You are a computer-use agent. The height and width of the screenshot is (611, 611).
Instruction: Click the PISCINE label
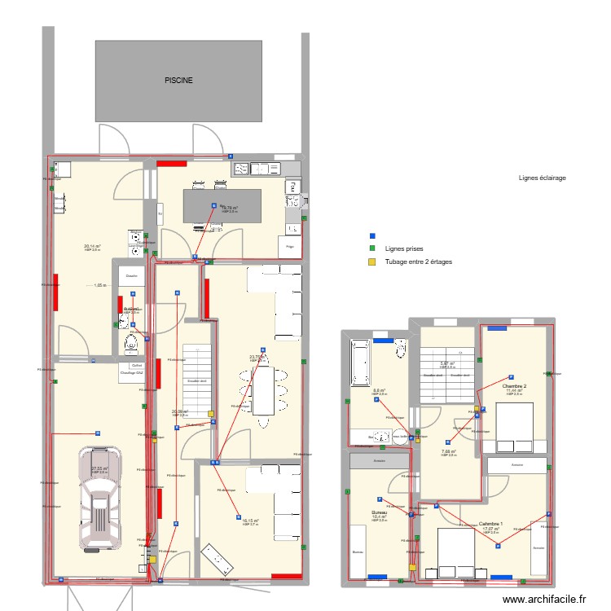[178, 80]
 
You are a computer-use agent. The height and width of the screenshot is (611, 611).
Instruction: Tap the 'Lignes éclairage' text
[542, 178]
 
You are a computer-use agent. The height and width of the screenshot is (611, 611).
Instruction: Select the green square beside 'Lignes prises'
[372, 248]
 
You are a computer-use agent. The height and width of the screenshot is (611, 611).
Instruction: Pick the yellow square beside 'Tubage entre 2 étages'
[372, 262]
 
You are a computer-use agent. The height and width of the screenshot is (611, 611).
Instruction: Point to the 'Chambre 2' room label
[514, 386]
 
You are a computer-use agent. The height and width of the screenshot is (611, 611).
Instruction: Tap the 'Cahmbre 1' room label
[490, 524]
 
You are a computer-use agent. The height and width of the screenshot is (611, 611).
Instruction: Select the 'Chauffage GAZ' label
[131, 373]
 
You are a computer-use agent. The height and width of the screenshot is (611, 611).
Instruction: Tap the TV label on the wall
[160, 215]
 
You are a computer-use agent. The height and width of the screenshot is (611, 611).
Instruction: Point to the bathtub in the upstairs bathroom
[361, 363]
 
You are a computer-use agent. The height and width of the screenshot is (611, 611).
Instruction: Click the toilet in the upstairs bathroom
[400, 349]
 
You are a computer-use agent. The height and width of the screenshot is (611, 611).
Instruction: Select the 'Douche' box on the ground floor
[131, 275]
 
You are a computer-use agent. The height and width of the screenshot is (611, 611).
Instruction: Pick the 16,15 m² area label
[250, 521]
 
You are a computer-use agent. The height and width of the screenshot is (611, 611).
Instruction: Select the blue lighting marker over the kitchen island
[214, 206]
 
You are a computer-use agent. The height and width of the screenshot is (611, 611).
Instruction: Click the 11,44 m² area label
[514, 391]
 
